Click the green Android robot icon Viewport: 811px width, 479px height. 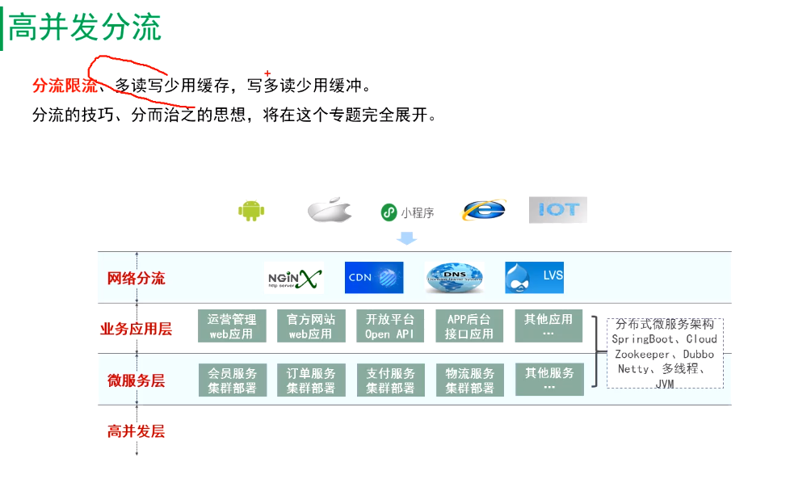click(x=251, y=211)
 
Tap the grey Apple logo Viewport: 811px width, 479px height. click(x=330, y=211)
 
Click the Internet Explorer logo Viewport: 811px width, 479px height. click(x=483, y=210)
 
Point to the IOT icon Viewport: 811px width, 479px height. click(x=557, y=210)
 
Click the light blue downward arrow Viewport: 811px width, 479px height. click(x=407, y=238)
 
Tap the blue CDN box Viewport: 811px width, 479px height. click(x=373, y=277)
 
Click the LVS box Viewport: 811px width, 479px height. click(x=534, y=277)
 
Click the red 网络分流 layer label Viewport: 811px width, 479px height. click(x=136, y=279)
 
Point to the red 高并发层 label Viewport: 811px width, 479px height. click(x=136, y=431)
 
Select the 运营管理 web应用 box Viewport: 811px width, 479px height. click(x=232, y=326)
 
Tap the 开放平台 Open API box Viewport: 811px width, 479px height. click(x=389, y=326)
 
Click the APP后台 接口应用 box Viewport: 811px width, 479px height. click(x=469, y=326)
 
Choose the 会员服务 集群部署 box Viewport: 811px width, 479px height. click(x=232, y=380)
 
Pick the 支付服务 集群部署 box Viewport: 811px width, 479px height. click(x=390, y=380)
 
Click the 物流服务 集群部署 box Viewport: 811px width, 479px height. click(x=469, y=380)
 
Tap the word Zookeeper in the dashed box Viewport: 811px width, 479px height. click(x=642, y=355)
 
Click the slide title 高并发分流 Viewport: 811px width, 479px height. click(x=85, y=27)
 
